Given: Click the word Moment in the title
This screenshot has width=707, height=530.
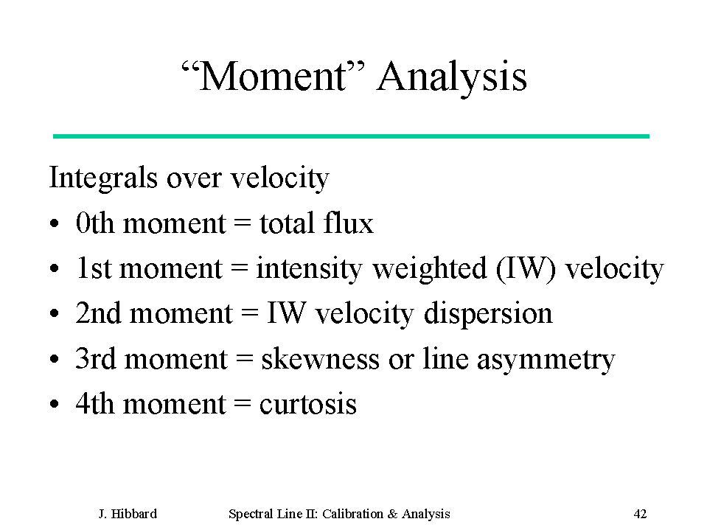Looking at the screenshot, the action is (272, 76).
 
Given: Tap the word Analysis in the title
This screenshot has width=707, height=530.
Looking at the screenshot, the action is (452, 78).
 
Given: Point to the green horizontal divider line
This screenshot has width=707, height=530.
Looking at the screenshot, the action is (351, 136).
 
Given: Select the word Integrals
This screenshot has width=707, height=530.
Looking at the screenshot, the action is (103, 178).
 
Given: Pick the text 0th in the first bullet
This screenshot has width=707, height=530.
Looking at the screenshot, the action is (94, 223).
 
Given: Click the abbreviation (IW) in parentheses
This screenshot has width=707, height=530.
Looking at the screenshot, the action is (526, 270).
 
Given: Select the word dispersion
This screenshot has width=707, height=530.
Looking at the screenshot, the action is (488, 314).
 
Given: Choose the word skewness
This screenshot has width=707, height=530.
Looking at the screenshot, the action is (320, 359).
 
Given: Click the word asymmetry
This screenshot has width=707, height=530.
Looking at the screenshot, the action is (546, 361).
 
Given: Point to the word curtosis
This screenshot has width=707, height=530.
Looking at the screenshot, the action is (308, 404).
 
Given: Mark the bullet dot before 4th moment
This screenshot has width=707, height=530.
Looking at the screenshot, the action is (54, 404).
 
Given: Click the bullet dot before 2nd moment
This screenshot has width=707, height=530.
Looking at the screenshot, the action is (54, 313).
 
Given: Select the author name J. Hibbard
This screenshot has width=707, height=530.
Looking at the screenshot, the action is (128, 514).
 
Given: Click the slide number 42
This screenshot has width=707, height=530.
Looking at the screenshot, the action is (640, 514).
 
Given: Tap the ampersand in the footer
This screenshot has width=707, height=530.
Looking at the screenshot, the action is (392, 514).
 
